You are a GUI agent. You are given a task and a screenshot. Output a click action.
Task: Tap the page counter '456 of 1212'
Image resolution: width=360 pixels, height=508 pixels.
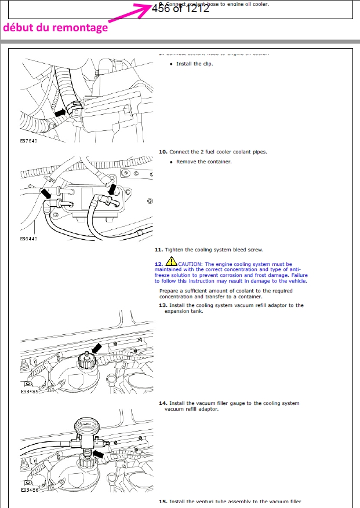point(180,9)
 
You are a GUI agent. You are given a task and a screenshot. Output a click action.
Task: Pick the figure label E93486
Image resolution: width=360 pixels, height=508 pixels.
point(29,489)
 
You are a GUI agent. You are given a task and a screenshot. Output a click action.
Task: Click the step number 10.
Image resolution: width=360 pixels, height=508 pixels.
point(163,152)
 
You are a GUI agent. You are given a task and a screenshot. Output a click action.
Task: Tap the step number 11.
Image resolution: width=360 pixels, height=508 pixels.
point(158,250)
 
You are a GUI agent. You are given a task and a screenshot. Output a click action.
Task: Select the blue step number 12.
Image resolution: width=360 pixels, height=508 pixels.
point(158,264)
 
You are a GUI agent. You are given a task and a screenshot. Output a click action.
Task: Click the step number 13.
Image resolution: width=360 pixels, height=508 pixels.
point(163,305)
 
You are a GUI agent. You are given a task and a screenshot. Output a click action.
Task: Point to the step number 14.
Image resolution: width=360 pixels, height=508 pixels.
point(163,403)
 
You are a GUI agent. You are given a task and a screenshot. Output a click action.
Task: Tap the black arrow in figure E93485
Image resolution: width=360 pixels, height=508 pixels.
point(93,348)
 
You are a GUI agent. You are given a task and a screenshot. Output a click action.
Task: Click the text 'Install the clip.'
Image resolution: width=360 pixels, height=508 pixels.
point(194,64)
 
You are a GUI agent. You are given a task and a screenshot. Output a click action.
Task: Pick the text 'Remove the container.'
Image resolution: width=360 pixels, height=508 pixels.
point(203,162)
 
